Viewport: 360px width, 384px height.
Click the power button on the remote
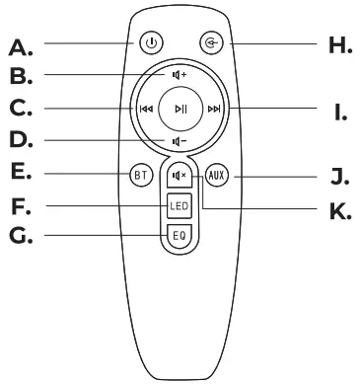pyautogui.click(x=150, y=43)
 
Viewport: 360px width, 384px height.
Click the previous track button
pyautogui.click(x=146, y=109)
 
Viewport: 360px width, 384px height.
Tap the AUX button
pyautogui.click(x=217, y=178)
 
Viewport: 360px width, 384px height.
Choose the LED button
pyautogui.click(x=178, y=207)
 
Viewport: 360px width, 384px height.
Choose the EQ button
pyautogui.click(x=178, y=237)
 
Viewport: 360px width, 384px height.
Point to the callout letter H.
pyautogui.click(x=338, y=44)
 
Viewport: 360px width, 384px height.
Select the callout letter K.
pyautogui.click(x=340, y=210)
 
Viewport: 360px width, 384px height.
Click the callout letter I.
pyautogui.click(x=339, y=113)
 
